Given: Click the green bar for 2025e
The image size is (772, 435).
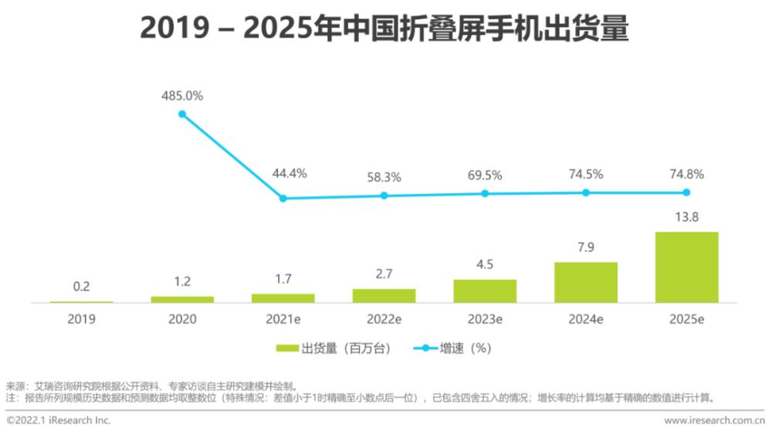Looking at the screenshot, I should click(686, 267).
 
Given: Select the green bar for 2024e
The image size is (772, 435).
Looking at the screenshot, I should click(586, 282).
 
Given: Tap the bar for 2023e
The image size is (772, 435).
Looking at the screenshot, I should click(485, 291).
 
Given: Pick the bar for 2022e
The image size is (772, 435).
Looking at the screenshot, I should click(384, 295).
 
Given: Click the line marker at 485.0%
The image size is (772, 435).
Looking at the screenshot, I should click(182, 114).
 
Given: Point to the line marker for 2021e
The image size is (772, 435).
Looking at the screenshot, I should click(283, 199).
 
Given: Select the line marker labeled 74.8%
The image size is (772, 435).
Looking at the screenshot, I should click(686, 192).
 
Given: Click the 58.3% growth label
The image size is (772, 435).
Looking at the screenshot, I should click(384, 178).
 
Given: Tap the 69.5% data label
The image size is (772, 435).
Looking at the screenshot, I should click(485, 175).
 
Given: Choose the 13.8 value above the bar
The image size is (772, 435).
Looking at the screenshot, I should click(686, 217).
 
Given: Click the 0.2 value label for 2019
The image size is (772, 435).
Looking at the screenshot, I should click(81, 287).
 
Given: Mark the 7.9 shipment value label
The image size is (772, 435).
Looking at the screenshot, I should click(586, 247).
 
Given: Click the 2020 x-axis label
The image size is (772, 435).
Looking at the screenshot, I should click(182, 318).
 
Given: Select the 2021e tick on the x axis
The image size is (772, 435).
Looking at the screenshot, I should click(283, 318).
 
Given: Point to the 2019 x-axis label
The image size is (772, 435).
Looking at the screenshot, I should click(81, 318).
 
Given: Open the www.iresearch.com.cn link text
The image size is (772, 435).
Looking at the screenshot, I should click(714, 421).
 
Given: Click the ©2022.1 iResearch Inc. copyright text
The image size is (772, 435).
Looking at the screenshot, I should click(59, 421).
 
